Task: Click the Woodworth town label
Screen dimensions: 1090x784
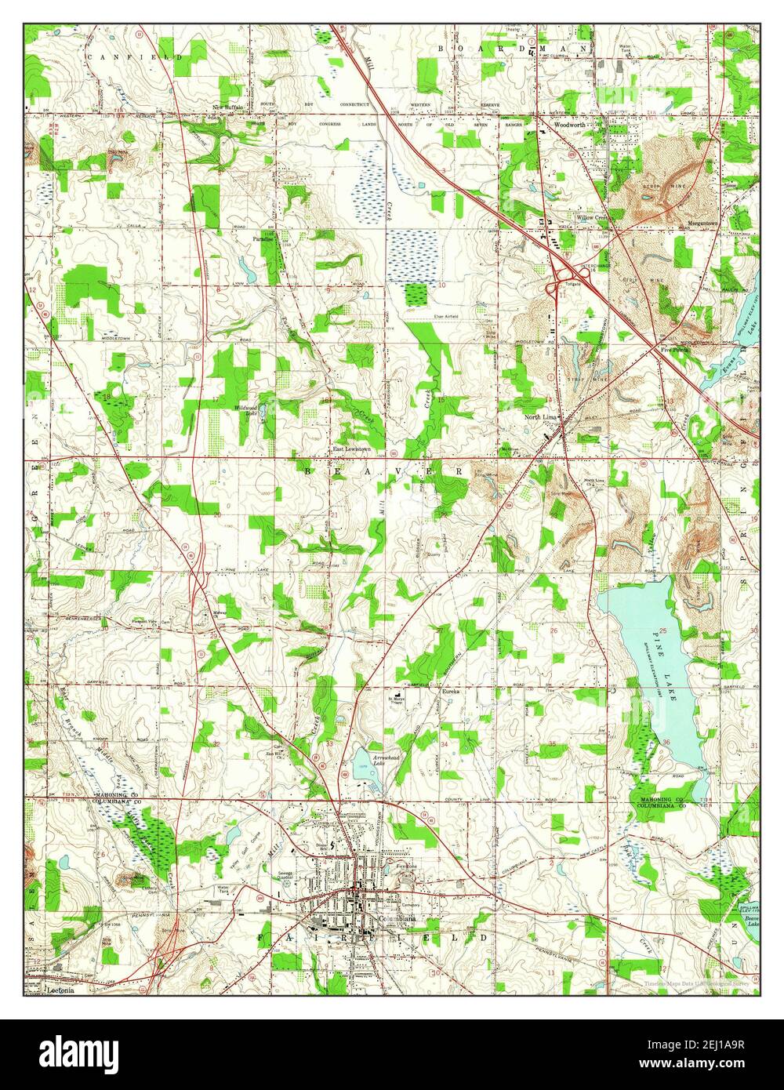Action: pyautogui.click(x=570, y=125)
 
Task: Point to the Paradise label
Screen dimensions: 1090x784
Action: pyautogui.click(x=263, y=238)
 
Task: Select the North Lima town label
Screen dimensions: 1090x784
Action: pyautogui.click(x=540, y=418)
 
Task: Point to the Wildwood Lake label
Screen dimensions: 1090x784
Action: pyautogui.click(x=246, y=410)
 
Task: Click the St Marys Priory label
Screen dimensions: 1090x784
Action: pyautogui.click(x=400, y=701)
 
